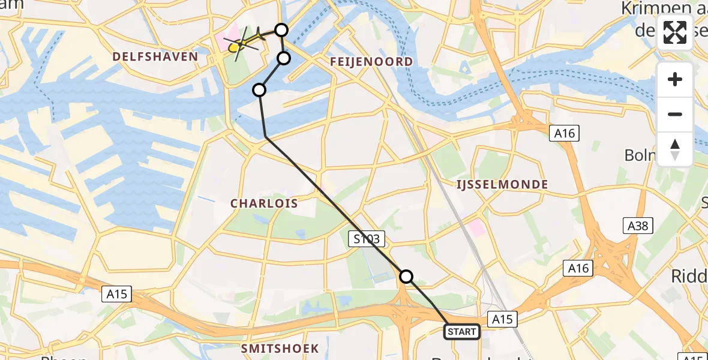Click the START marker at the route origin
pyautogui.click(x=462, y=332)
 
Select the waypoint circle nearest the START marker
pyautogui.click(x=406, y=276)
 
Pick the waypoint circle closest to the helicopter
pyautogui.click(x=281, y=29)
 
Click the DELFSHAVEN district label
pyautogui.click(x=155, y=57)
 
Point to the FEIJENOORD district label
pyautogui.click(x=371, y=62)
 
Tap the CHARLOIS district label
pyautogui.click(x=265, y=203)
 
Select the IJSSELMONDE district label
pyautogui.click(x=502, y=184)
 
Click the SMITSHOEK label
pyautogui.click(x=280, y=349)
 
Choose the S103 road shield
pyautogui.click(x=366, y=239)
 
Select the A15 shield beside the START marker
pyautogui.click(x=502, y=319)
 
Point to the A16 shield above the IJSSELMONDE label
pyautogui.click(x=565, y=133)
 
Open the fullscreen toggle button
pyautogui.click(x=675, y=32)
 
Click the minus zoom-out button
pyautogui.click(x=675, y=114)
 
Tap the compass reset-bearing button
pyautogui.click(x=675, y=149)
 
